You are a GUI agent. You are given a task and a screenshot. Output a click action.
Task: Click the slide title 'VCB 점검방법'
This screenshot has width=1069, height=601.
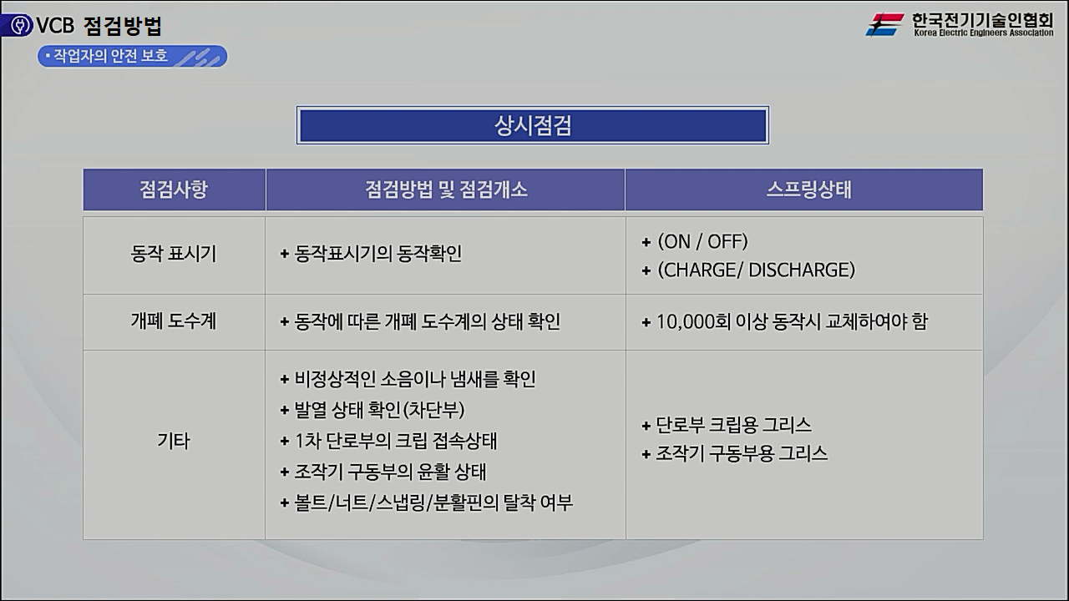99,26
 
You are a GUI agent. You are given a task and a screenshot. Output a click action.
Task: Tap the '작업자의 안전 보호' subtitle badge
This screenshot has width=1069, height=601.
132,56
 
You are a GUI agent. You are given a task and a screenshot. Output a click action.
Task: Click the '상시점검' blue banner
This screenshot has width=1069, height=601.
533,125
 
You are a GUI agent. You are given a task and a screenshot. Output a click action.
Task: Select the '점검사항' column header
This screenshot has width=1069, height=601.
174,189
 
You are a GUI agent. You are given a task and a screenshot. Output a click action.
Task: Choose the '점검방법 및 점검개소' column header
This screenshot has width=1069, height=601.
446,189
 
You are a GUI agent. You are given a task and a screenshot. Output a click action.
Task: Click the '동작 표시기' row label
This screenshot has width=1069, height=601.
174,255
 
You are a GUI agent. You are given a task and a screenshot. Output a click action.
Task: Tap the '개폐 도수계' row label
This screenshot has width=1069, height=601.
174,321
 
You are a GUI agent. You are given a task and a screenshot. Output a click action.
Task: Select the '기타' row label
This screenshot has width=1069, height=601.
174,442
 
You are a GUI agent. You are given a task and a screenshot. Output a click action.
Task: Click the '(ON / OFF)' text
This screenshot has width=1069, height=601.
702,241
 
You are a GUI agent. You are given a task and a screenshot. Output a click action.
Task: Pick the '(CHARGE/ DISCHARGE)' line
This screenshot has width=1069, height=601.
756,270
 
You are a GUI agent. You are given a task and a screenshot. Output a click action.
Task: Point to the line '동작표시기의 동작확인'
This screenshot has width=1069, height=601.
377,254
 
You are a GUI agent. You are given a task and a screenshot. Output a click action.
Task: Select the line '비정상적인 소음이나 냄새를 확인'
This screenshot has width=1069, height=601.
414,379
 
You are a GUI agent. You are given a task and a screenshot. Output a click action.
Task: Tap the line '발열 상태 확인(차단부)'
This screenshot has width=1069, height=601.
379,410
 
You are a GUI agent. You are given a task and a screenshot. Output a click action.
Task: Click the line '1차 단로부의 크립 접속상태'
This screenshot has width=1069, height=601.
396,441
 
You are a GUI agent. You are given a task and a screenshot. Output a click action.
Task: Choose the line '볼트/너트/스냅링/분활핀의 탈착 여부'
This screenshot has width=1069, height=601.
433,503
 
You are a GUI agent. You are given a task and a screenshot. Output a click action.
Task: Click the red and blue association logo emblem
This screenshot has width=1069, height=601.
885,25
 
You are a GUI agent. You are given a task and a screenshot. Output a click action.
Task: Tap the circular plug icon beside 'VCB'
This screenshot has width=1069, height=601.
17,26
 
